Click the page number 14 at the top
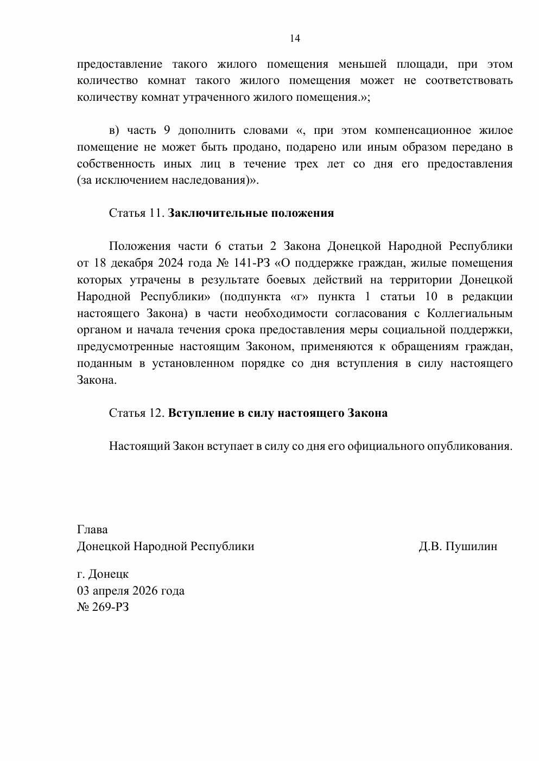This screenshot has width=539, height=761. tap(295, 38)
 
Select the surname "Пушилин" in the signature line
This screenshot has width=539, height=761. tap(471, 546)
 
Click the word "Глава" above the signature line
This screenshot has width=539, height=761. tap(92, 530)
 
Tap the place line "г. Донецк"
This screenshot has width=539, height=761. tap(103, 574)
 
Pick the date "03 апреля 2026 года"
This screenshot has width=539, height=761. tap(131, 591)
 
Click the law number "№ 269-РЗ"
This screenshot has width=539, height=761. tap(103, 607)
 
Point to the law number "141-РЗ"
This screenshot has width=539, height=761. tap(253, 263)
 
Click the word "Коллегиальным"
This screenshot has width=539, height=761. tap(470, 313)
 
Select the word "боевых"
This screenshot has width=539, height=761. tap(284, 280)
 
